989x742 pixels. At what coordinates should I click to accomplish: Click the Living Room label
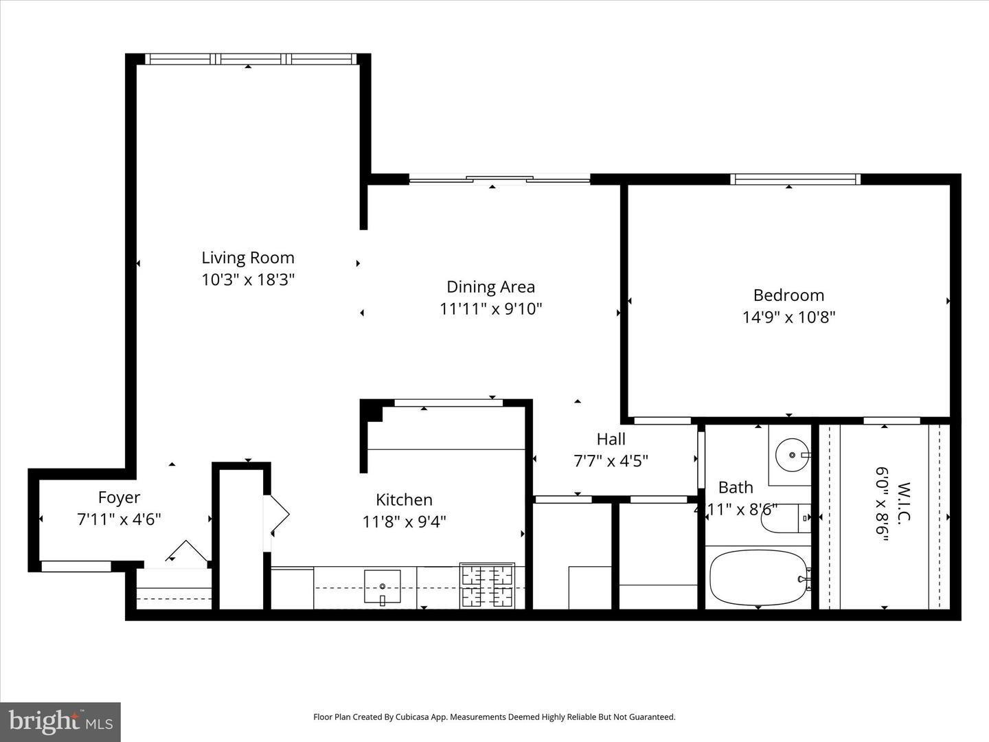tap(247, 258)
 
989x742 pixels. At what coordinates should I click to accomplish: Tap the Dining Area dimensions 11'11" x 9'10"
tap(490, 309)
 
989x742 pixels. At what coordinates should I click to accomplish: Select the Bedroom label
tap(788, 295)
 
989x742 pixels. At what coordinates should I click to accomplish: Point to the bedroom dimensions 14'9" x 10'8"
tap(788, 317)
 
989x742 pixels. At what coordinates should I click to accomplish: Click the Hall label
tap(611, 438)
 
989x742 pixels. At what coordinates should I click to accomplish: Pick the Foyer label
tap(119, 497)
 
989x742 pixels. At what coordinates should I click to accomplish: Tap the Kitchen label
tap(404, 499)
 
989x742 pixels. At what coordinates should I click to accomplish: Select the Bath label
tap(736, 487)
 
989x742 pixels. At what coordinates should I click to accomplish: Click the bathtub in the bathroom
tap(758, 578)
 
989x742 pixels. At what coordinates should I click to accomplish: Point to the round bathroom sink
tap(792, 455)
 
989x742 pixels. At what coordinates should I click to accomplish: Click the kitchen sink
tap(382, 585)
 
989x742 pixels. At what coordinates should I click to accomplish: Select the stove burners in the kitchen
tap(488, 585)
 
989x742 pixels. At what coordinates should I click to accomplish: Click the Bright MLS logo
tap(60, 721)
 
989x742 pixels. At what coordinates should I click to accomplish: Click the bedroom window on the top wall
tap(795, 179)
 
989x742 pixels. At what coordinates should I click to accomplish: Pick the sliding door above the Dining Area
tap(499, 180)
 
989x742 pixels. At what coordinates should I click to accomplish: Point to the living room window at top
tap(251, 60)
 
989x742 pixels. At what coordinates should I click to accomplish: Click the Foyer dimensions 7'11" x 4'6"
tap(119, 519)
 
